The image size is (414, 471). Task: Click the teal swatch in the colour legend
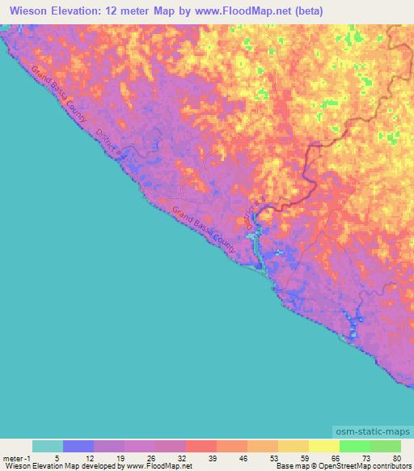[x=48, y=446]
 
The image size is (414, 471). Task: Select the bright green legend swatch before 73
[x=354, y=446]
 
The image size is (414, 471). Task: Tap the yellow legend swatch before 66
[x=323, y=446]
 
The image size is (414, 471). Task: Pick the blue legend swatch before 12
[x=78, y=446]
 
